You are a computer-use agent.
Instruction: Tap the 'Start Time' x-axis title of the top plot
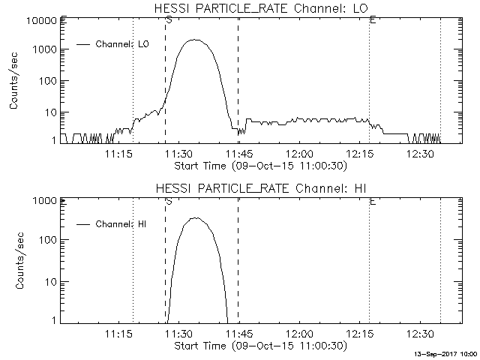tap(259, 165)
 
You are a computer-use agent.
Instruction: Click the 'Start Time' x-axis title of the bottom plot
tap(259, 346)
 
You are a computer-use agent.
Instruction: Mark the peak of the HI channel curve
tap(196, 217)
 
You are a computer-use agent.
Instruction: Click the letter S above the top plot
tap(168, 20)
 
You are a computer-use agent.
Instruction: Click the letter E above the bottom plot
tap(373, 201)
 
